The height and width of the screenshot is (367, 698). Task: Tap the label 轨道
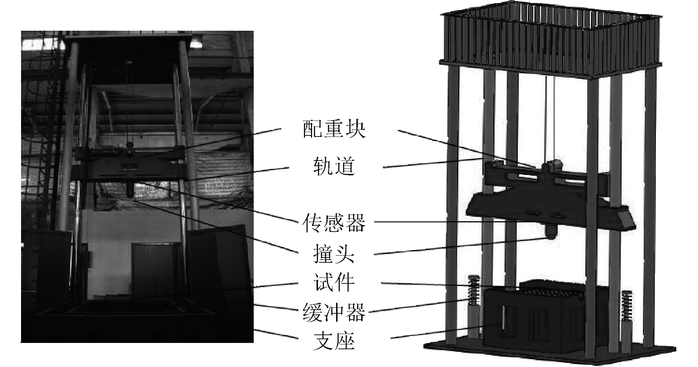pyautogui.click(x=333, y=167)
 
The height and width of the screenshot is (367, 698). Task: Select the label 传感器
pyautogui.click(x=333, y=222)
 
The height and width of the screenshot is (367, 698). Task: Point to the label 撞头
pyautogui.click(x=333, y=254)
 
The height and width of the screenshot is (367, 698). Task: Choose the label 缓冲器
pyautogui.click(x=333, y=312)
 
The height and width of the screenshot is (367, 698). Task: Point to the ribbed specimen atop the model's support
pyautogui.click(x=554, y=290)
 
